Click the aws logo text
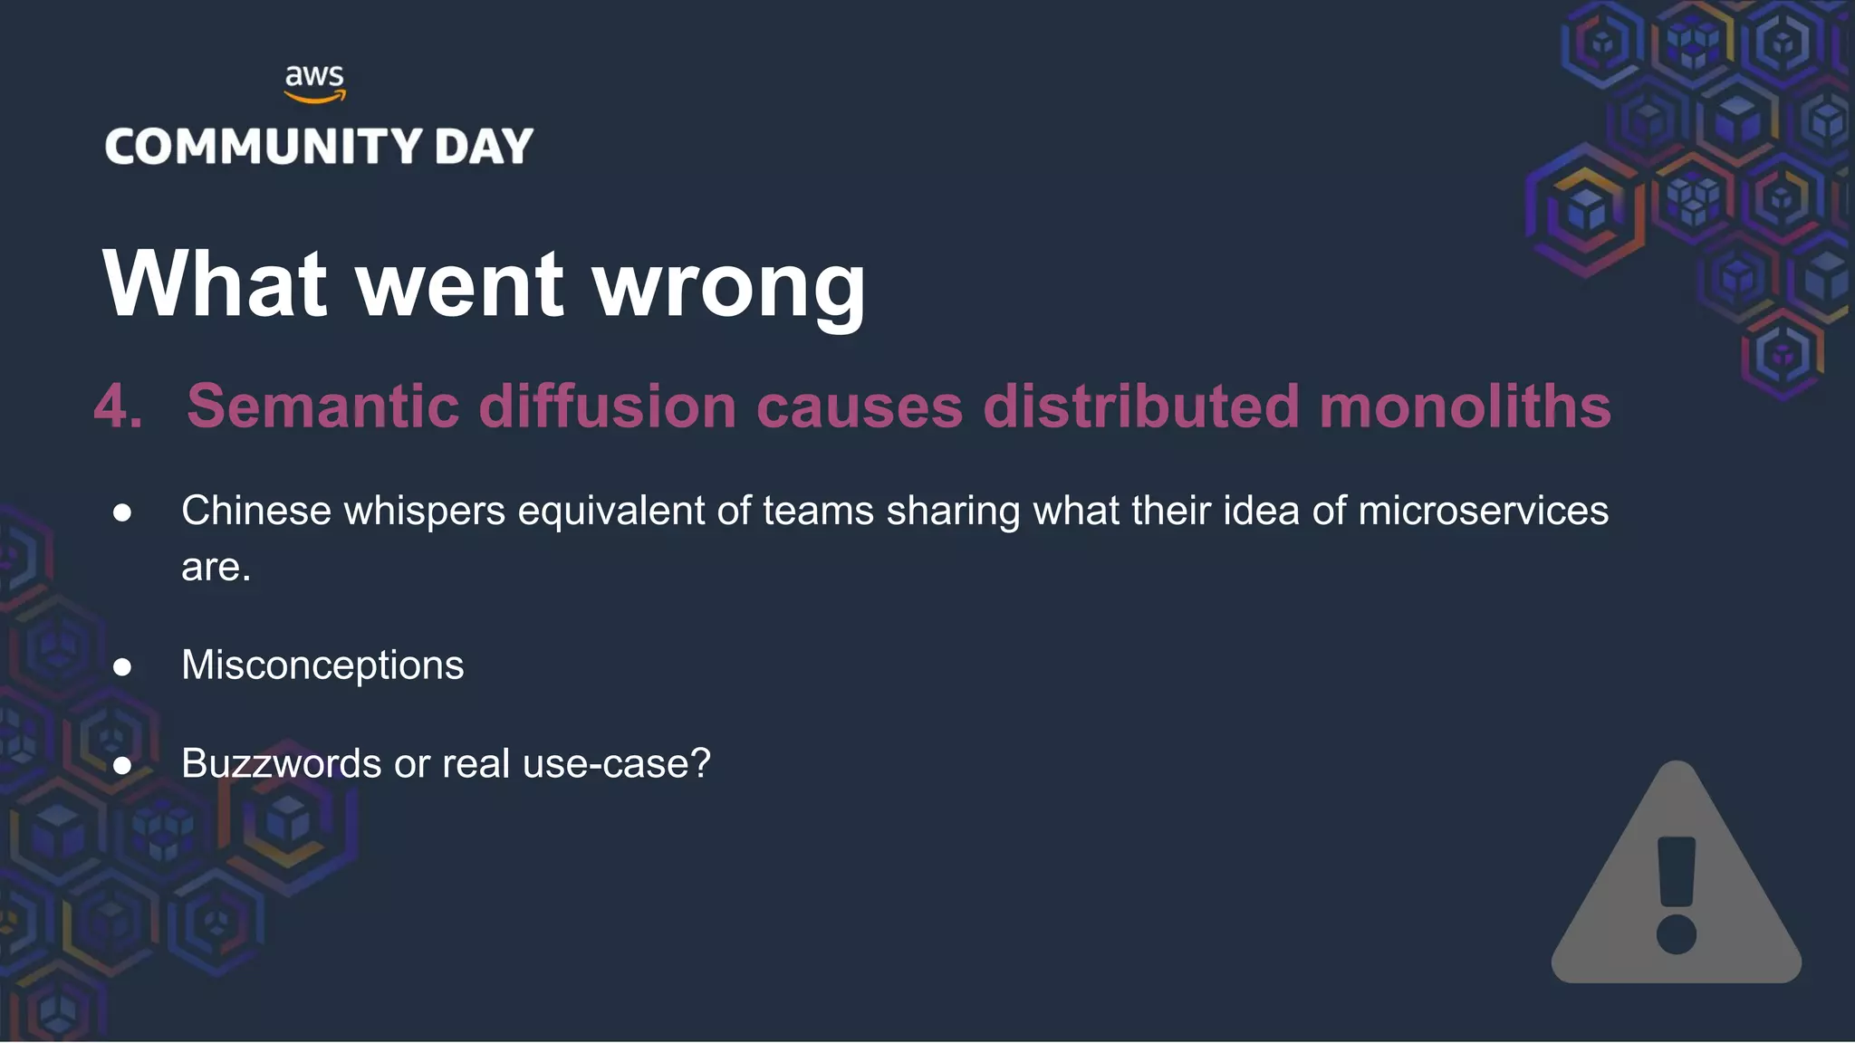tap(314, 75)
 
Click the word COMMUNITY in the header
tap(264, 147)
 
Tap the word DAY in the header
tap(484, 147)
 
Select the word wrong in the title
tap(729, 286)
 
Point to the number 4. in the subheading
tap(119, 406)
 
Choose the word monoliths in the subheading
tap(1465, 406)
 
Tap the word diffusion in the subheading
tap(607, 406)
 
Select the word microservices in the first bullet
tap(1483, 511)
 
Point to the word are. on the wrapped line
tap(216, 568)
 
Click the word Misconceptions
tap(322, 666)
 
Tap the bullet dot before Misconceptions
tap(122, 667)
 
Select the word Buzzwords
tap(281, 763)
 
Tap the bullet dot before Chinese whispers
tap(122, 512)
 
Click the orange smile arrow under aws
tap(314, 96)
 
